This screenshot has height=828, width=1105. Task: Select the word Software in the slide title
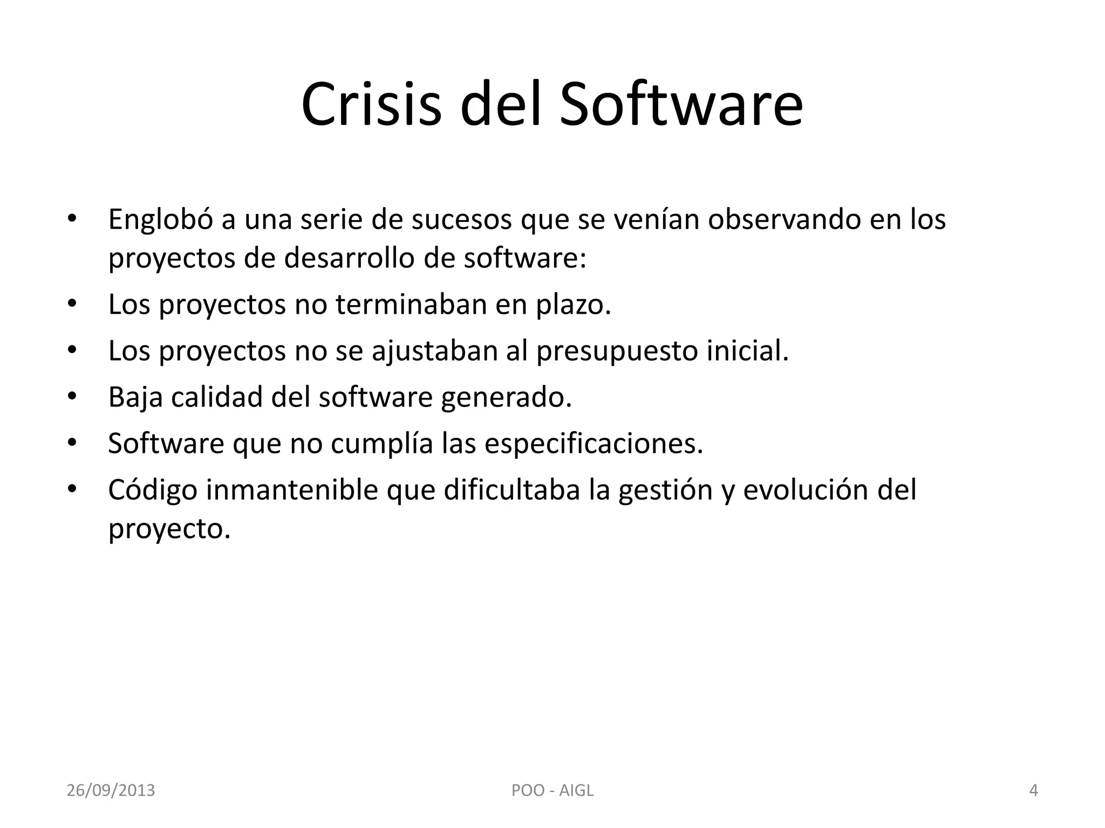coord(681,104)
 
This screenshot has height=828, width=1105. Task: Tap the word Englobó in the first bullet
coord(161,220)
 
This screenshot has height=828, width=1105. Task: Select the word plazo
coord(573,305)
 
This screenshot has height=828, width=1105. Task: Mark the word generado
coord(506,398)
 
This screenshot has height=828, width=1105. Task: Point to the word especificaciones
coord(594,444)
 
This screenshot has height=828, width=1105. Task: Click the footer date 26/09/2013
coord(111,791)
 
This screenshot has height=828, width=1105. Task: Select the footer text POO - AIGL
coord(552,791)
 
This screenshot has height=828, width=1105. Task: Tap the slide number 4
coord(1033,791)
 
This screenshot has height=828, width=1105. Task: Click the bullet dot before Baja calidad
coord(72,397)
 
